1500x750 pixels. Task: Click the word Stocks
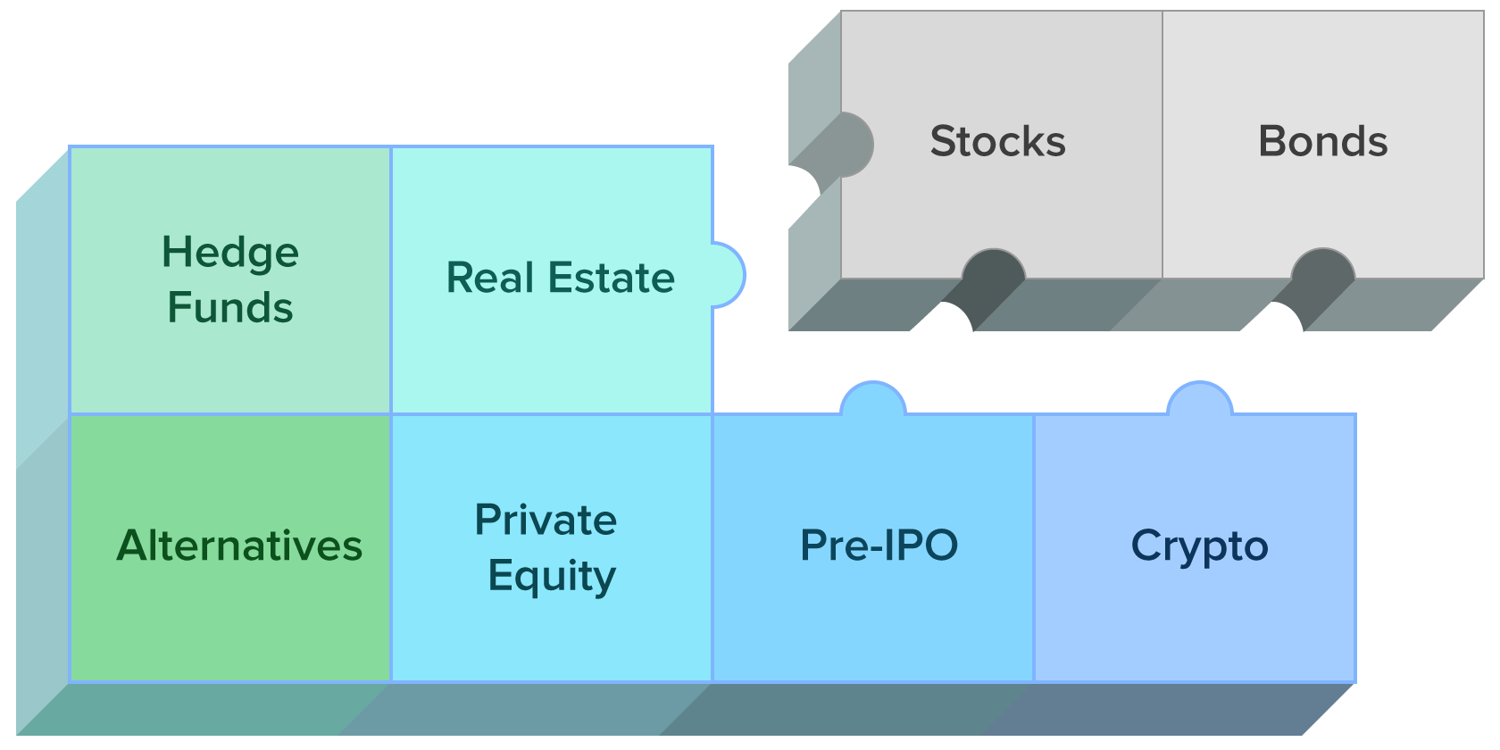pyautogui.click(x=997, y=142)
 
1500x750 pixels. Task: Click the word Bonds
pyautogui.click(x=1322, y=142)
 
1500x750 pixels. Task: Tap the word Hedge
pyautogui.click(x=230, y=254)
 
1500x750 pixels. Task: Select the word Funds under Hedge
pyautogui.click(x=230, y=308)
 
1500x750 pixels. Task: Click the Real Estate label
pyautogui.click(x=560, y=278)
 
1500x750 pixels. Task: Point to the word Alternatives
pyautogui.click(x=239, y=546)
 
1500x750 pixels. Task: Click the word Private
pyautogui.click(x=546, y=520)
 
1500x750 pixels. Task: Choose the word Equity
pyautogui.click(x=552, y=576)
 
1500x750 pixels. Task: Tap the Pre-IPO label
pyautogui.click(x=879, y=546)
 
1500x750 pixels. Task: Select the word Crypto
pyautogui.click(x=1199, y=546)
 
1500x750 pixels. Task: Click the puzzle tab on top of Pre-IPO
pyautogui.click(x=873, y=399)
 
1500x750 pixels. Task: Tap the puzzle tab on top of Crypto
pyautogui.click(x=1200, y=399)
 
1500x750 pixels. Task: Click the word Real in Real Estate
pyautogui.click(x=490, y=278)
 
